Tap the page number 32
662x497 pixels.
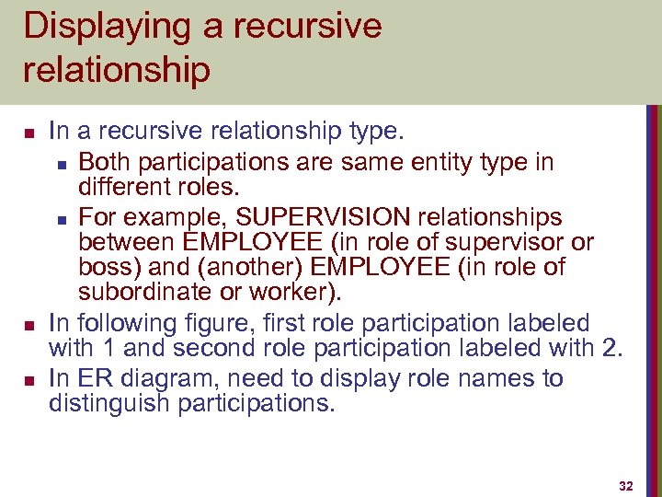(x=626, y=485)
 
